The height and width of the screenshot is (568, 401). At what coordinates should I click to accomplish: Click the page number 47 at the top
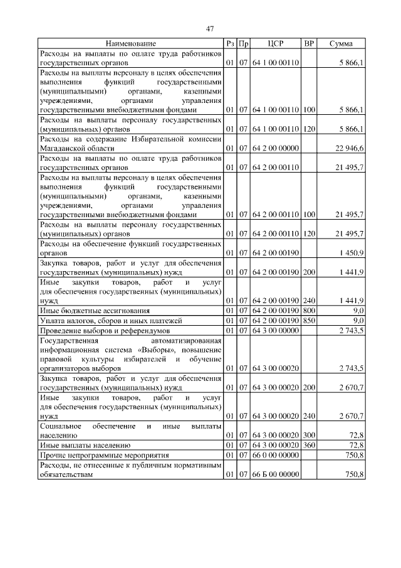211,28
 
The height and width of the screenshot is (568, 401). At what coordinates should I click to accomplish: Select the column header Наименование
131,44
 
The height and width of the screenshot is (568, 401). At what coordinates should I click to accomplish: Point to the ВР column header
308,44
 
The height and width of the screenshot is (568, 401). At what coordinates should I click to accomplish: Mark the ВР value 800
308,310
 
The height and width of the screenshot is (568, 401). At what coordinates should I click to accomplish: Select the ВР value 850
308,320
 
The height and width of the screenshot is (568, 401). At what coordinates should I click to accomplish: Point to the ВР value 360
308,444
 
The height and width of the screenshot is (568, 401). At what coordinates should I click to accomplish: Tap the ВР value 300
308,434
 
